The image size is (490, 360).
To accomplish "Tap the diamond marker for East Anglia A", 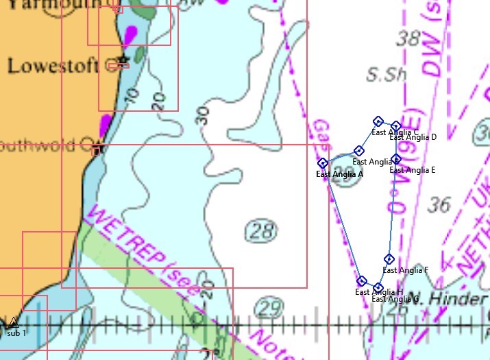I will [x=323, y=163].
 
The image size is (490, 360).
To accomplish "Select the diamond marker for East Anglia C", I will [x=378, y=121].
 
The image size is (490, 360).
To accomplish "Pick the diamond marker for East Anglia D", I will [x=395, y=125].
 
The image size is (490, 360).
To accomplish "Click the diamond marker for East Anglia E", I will [x=395, y=159].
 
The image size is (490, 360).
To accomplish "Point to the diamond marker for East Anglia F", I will [x=389, y=259].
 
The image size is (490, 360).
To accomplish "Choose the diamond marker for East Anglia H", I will [x=362, y=281].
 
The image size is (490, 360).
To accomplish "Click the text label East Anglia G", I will [x=395, y=299].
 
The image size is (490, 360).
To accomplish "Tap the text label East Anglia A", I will [x=339, y=174].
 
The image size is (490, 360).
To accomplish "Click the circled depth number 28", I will [x=262, y=231].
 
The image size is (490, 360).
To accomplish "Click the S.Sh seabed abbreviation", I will [x=382, y=74].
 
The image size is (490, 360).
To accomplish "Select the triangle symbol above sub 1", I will [x=14, y=321].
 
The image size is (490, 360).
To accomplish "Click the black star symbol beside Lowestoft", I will [x=123, y=61].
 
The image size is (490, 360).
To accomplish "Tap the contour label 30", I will [x=203, y=115].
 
